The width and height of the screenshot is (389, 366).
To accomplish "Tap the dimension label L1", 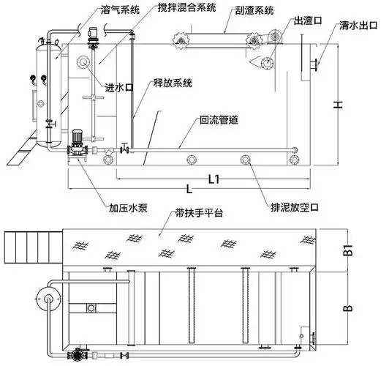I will [215, 178].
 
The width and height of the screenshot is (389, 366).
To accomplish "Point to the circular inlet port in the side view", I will [84, 63].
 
